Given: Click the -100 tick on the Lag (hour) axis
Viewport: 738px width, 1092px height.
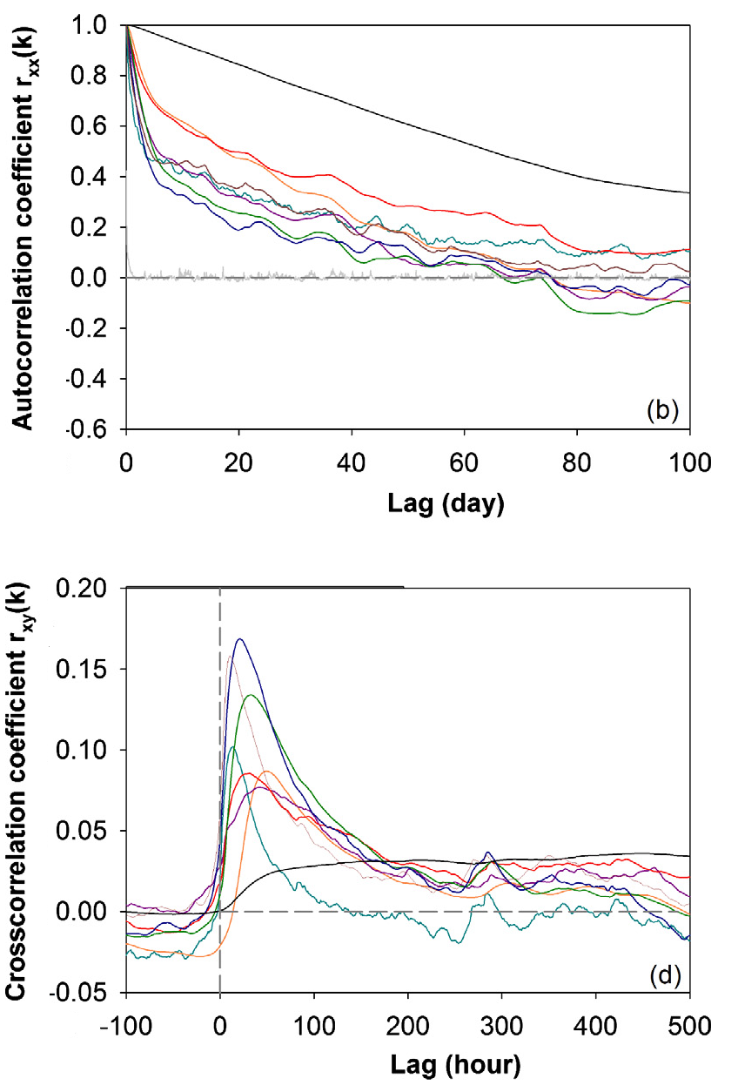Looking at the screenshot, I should [x=127, y=1021].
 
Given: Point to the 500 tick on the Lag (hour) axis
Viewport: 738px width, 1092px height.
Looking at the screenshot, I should [x=689, y=1021].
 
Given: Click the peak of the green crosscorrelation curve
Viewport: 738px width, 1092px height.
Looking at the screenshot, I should [x=251, y=695].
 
